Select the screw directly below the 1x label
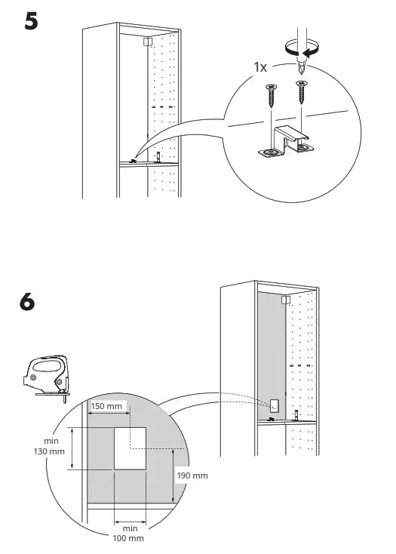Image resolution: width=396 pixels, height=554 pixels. pos(269,96)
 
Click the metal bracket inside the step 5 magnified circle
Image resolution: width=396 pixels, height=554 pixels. pos(284,142)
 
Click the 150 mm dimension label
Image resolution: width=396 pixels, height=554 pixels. pos(106,407)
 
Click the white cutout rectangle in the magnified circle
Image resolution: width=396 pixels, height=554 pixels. pos(131,448)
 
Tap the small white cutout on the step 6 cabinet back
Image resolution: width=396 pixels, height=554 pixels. pos(275,405)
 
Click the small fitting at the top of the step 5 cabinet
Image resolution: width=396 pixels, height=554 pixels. pos(148,42)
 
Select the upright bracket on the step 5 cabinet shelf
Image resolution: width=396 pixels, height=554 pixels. pos(158,157)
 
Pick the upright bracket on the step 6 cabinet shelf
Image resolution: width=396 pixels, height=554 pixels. pos(296,414)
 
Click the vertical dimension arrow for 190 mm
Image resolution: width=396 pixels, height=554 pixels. pos(174,476)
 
